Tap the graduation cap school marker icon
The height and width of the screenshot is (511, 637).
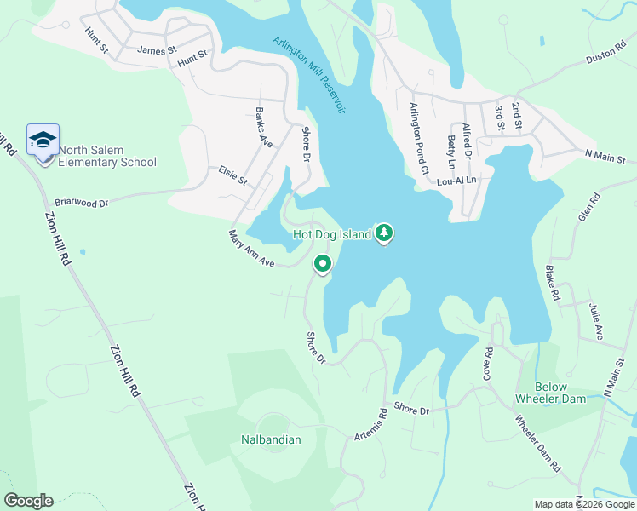point(43,140)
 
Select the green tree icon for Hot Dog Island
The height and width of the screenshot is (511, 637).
point(384,233)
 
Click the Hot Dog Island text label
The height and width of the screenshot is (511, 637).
point(331,234)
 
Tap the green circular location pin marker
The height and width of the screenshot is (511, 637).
point(323,265)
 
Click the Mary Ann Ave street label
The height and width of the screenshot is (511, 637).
point(251,250)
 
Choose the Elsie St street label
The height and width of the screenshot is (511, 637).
point(232,175)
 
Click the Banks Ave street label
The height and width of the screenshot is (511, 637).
point(264,129)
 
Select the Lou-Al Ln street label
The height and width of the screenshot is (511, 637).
point(456,181)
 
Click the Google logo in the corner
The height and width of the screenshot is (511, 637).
point(28,501)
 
